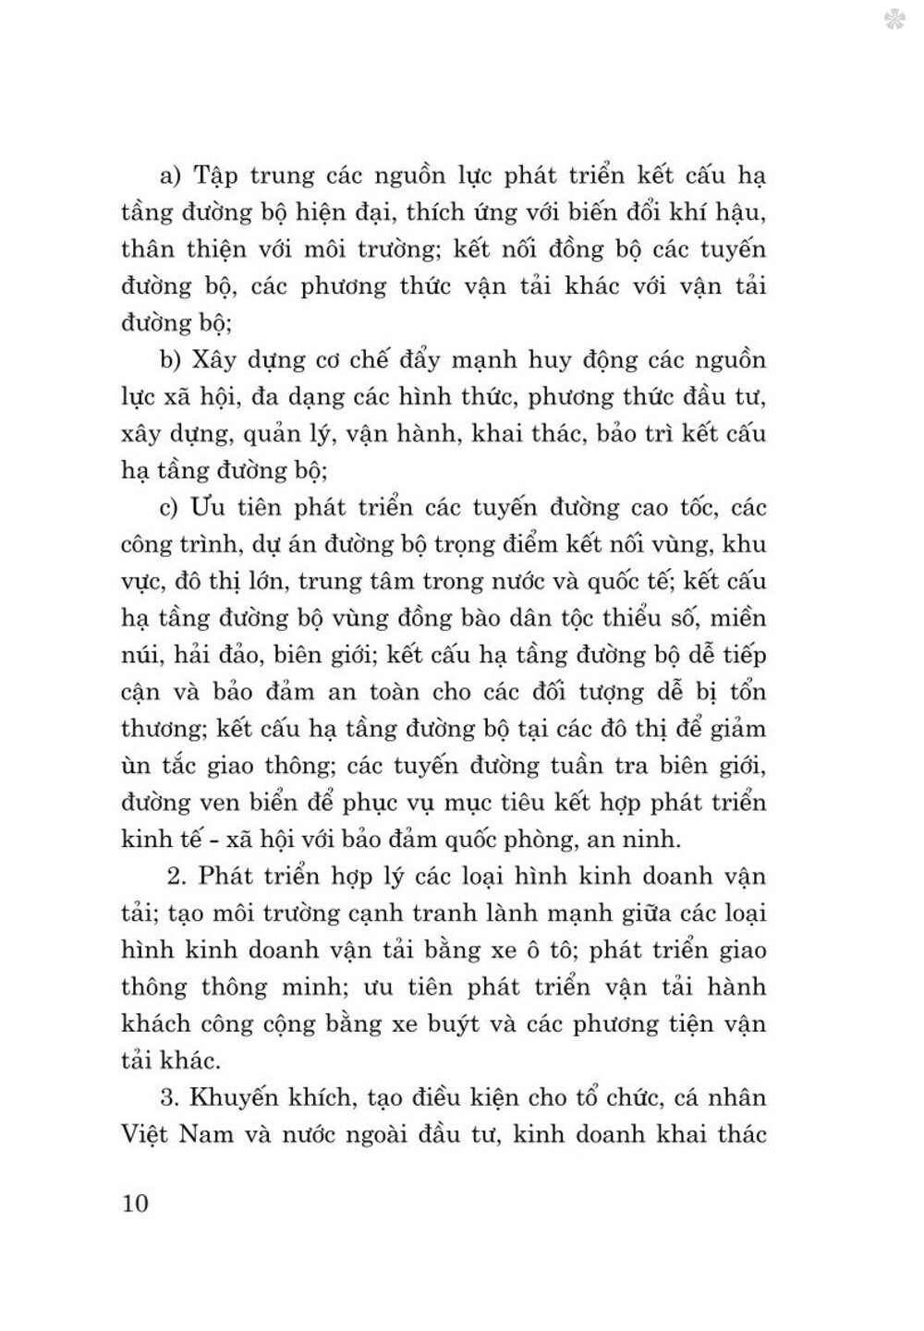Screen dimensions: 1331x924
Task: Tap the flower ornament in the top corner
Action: [x=893, y=19]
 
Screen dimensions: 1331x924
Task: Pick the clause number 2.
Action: [x=180, y=877]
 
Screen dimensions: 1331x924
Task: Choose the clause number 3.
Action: [x=168, y=1098]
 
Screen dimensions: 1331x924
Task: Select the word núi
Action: [x=141, y=655]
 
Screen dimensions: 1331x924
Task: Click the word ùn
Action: [x=135, y=766]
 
